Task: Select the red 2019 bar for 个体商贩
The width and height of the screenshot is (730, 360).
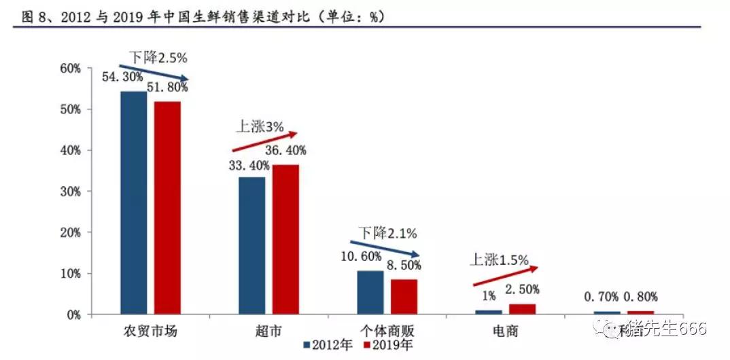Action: coord(404,297)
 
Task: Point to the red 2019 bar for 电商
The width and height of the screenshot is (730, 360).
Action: coord(522,309)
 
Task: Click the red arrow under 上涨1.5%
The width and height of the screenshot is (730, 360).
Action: coord(505,276)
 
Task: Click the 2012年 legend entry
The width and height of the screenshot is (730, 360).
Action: coord(328,345)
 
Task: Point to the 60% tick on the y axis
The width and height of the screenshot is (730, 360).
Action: coord(70,69)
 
